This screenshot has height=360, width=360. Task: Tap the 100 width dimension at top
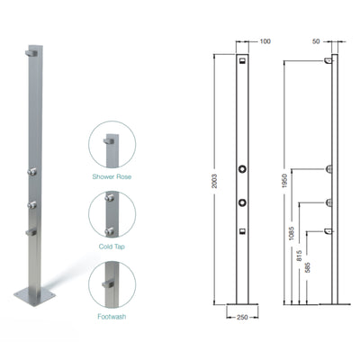pos(265,40)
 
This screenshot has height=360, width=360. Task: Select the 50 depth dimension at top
pos(317,40)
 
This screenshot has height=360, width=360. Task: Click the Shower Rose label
pos(112,177)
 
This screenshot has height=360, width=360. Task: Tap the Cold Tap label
pos(112,244)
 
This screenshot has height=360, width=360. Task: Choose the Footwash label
pos(112,316)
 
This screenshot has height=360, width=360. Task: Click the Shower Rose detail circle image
pos(112,144)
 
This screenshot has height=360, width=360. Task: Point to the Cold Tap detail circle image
pos(112,211)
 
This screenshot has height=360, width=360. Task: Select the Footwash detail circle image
pos(112,283)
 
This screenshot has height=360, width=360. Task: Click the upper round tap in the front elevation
pos(242,168)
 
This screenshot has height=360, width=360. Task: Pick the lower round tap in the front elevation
pos(242,202)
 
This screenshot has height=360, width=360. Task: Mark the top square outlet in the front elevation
pos(242,63)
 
